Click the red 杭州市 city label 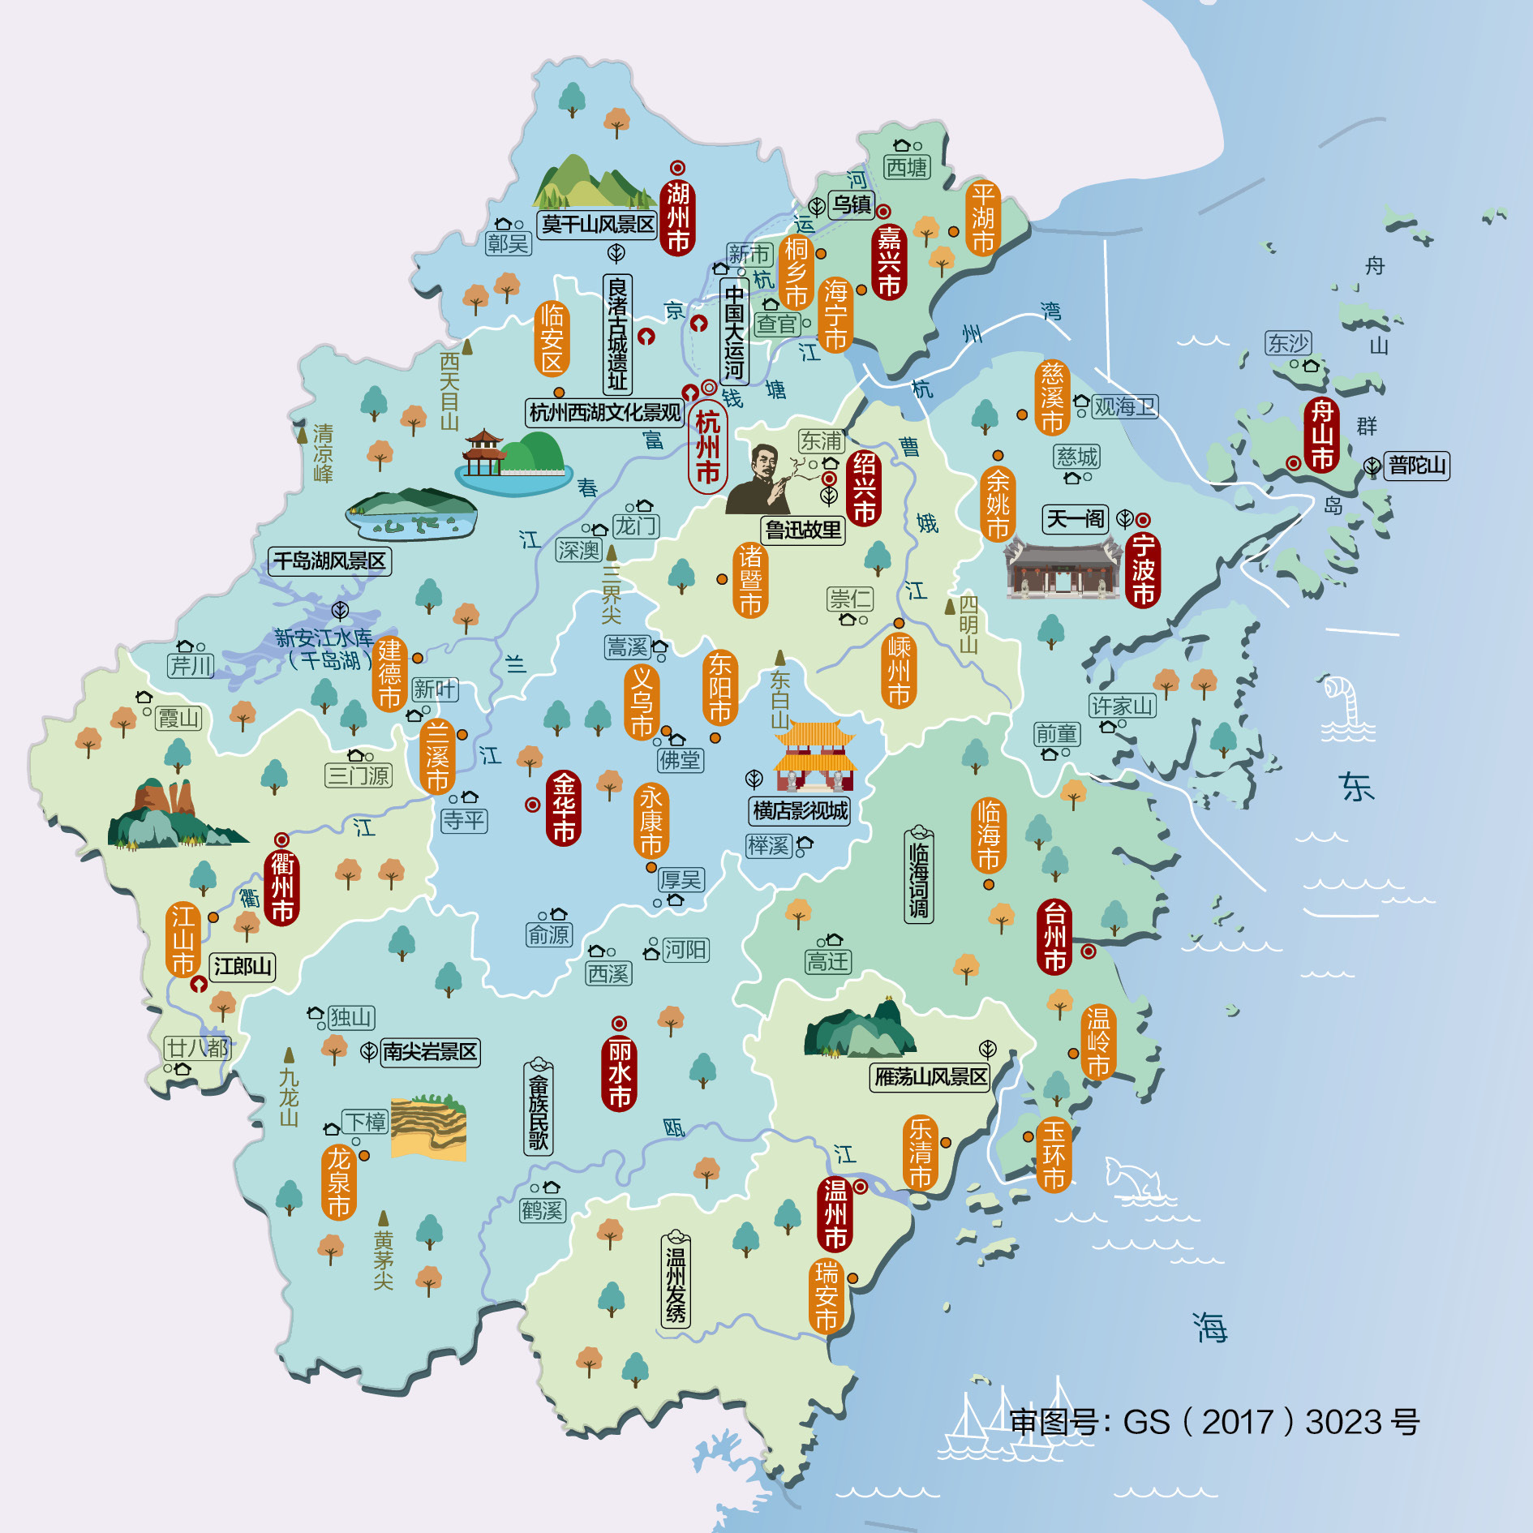click(707, 447)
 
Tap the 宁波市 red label click(1143, 569)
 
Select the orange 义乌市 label click(642, 702)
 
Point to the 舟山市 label click(1322, 435)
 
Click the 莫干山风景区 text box click(598, 224)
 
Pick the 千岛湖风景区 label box click(329, 561)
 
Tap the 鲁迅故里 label click(803, 530)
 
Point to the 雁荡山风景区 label click(930, 1077)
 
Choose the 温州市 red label click(835, 1214)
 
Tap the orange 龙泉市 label click(339, 1182)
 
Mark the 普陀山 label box click(1416, 466)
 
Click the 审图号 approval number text click(1213, 1422)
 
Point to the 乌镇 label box click(852, 204)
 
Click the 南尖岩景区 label click(429, 1052)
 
